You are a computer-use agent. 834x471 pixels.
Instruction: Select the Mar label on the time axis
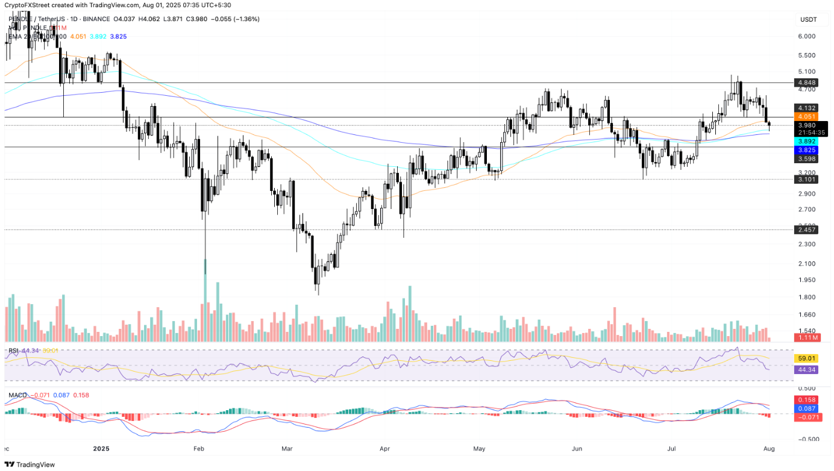click(x=286, y=449)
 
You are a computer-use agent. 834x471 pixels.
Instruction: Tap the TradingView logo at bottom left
click(x=30, y=464)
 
